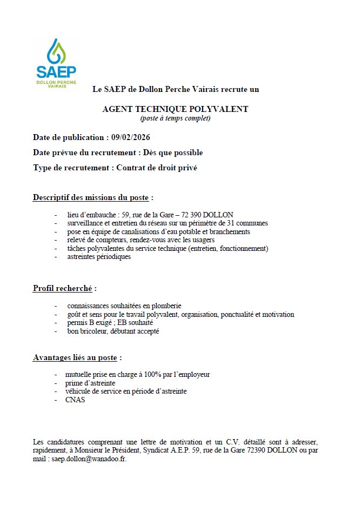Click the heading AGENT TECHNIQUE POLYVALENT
tap(175, 109)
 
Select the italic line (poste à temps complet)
tap(175, 118)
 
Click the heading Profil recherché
tap(63, 288)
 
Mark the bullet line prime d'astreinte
tap(90, 383)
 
